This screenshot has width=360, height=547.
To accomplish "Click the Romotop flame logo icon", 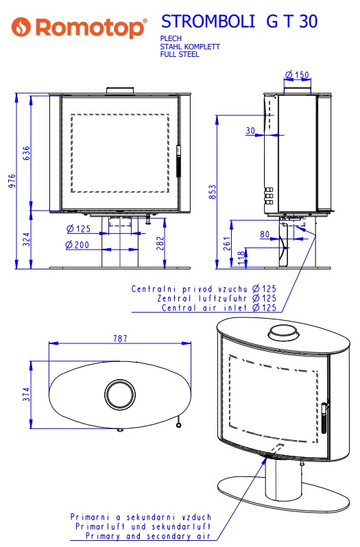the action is (21, 27).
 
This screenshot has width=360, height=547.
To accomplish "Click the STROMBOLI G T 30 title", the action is (239, 22).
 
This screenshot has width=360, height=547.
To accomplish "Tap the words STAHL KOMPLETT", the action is (190, 47).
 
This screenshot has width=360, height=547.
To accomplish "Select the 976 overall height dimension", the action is (12, 181).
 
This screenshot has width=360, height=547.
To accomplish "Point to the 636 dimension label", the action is (27, 153).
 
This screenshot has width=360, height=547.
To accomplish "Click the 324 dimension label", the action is (27, 239).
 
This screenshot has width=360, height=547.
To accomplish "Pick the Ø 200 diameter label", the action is (77, 245).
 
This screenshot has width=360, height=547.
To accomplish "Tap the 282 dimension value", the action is (160, 243).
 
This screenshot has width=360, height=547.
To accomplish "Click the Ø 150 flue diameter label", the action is (297, 75).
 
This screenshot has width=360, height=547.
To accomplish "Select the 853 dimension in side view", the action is (213, 192).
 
